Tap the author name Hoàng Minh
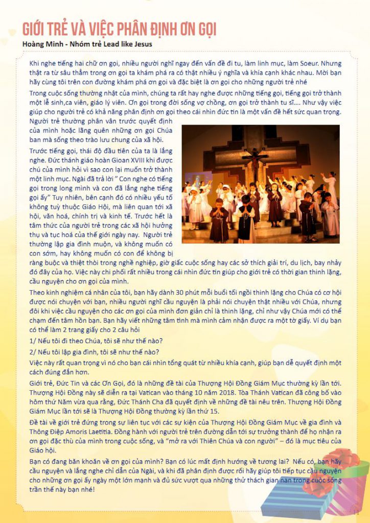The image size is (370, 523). click(x=42, y=43)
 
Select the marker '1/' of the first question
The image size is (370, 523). click(x=33, y=341)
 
